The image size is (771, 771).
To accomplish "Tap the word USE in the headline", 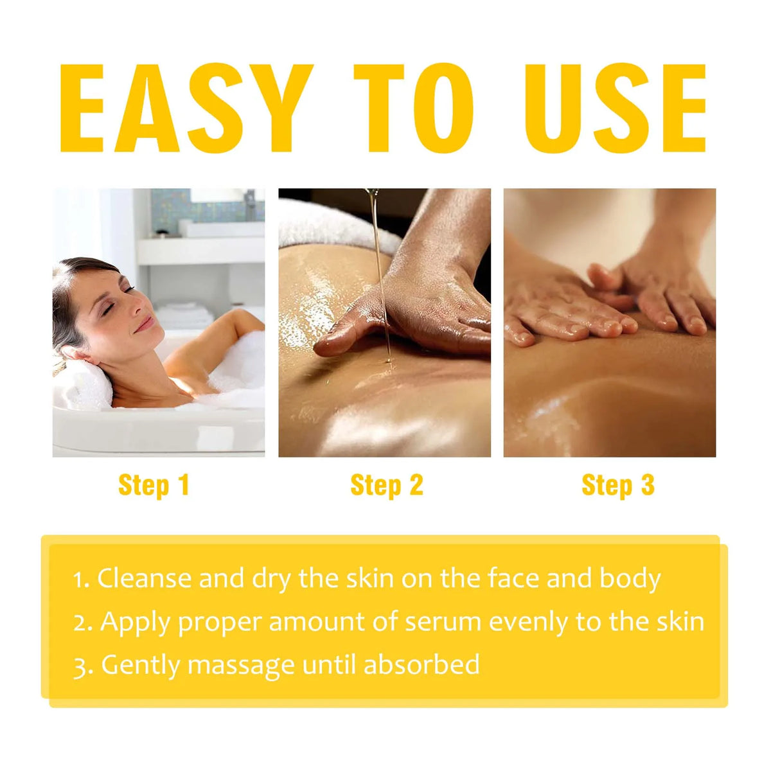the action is point(615,108).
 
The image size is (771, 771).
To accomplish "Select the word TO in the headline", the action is point(414,108).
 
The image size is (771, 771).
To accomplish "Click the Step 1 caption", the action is point(154,486).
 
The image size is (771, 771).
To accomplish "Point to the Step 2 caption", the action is point(387,486).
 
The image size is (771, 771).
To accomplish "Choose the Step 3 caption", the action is point(618,486).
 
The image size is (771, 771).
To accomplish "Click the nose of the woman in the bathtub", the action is point(137,308).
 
